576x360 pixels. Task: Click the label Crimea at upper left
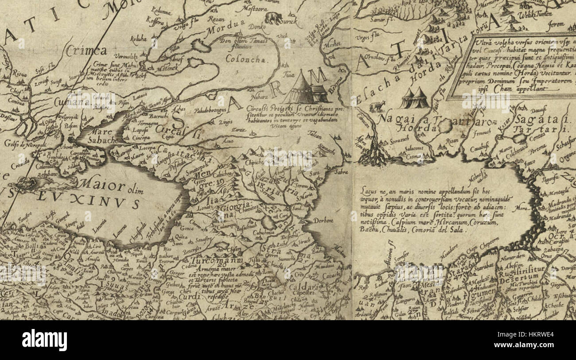(x=86, y=50)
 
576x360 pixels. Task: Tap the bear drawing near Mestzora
(x=273, y=18)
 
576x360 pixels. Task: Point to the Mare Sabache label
(x=103, y=135)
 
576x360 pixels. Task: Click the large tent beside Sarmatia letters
(x=300, y=89)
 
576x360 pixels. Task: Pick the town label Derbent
(x=323, y=220)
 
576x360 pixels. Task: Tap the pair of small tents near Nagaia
(x=414, y=99)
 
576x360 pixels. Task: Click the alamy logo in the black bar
(x=44, y=340)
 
